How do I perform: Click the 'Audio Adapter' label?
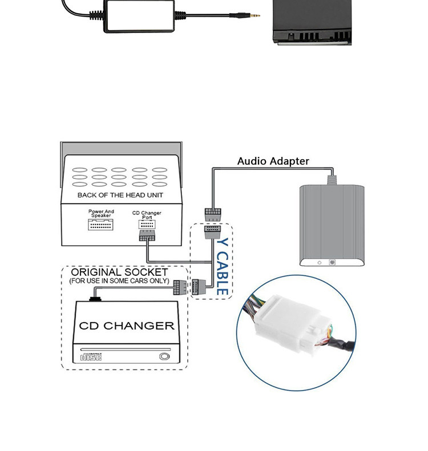click(273, 161)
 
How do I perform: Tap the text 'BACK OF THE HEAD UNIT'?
click(120, 196)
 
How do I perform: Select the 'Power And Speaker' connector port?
click(101, 224)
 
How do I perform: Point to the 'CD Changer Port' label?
click(147, 215)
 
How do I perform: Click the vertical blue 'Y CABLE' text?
click(223, 267)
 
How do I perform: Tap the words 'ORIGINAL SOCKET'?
click(119, 273)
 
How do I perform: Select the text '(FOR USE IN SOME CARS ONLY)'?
click(119, 281)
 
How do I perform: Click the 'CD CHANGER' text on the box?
click(127, 326)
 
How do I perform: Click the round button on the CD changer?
click(165, 357)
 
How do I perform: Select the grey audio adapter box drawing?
click(330, 225)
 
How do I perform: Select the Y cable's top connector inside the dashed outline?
click(212, 232)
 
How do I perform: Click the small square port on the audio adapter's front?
click(331, 263)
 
